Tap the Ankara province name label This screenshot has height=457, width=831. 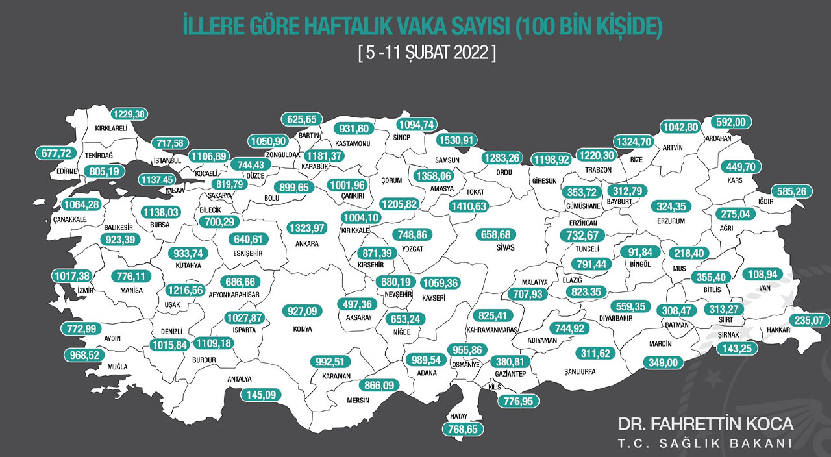pos(306,244)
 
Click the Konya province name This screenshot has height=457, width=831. pos(302,329)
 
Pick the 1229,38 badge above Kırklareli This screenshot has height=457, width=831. pos(130,114)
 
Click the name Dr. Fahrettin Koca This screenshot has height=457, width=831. pos(706,424)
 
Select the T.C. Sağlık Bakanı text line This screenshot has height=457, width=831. pos(706,443)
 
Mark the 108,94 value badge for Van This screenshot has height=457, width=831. pos(763,273)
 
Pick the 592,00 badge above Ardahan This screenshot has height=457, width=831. pos(731,121)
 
